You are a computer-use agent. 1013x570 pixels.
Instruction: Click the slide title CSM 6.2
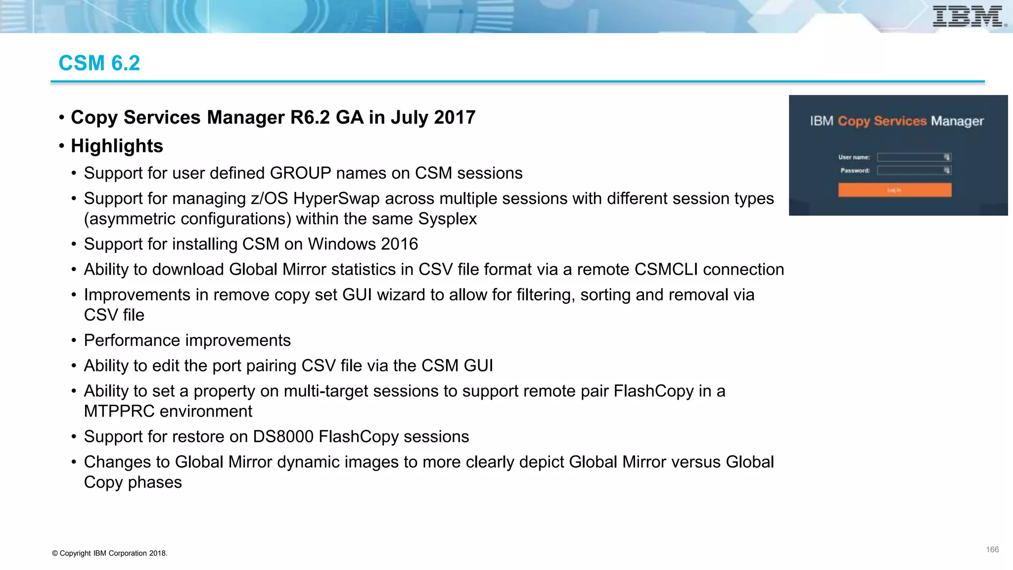click(x=99, y=63)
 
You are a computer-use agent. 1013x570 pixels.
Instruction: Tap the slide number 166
click(x=992, y=550)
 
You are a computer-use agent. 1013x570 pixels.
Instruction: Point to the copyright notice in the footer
click(x=109, y=553)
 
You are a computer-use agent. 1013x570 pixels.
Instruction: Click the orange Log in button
click(x=894, y=190)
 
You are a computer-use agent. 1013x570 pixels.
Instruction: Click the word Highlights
click(x=117, y=146)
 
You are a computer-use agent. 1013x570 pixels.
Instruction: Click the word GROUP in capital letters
click(x=300, y=173)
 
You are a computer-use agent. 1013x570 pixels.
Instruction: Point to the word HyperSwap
click(x=336, y=198)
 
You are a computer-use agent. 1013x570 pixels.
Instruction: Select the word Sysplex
click(x=447, y=219)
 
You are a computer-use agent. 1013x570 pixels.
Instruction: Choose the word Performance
click(x=132, y=340)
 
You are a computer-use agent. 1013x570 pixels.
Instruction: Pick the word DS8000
click(x=283, y=436)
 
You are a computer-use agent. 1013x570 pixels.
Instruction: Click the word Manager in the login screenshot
click(x=957, y=121)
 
